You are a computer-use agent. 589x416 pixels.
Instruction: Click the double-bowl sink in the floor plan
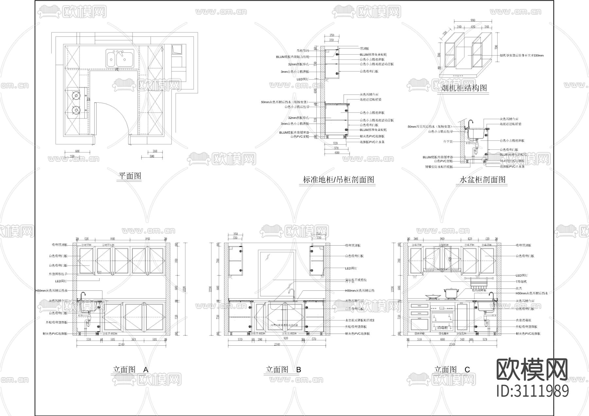(120, 59)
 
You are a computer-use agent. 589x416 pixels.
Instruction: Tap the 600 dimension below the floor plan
(77, 151)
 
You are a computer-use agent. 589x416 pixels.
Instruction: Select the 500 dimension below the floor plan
(152, 157)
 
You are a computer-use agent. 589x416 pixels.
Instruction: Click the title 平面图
(130, 176)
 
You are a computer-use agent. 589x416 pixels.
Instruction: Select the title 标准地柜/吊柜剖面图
(338, 180)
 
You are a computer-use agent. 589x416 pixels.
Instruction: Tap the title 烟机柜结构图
(464, 88)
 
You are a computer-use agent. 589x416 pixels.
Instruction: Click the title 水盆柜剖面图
(482, 180)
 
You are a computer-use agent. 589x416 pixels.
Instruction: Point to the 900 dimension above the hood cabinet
(473, 20)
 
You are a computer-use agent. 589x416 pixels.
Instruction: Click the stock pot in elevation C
(450, 293)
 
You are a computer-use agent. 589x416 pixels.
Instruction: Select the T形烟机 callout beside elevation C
(521, 282)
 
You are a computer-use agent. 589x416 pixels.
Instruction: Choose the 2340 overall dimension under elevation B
(277, 344)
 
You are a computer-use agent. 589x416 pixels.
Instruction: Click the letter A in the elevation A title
(146, 370)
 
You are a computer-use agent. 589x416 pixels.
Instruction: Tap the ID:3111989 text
(532, 391)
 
